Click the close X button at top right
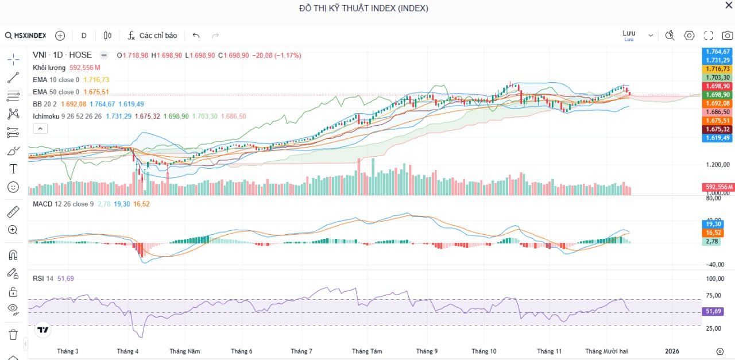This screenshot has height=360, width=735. tap(729, 5)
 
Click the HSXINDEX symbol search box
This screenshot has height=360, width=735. tap(26, 36)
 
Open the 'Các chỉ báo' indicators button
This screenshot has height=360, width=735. tap(152, 36)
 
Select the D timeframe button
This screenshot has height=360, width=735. tap(84, 36)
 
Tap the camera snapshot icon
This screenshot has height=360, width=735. tap(727, 36)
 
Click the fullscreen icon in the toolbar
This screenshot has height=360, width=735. tap(709, 36)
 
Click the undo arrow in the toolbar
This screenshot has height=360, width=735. tap(196, 36)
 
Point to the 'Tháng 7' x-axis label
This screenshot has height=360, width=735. tap(301, 351)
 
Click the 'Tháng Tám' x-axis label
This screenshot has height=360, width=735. tap(367, 351)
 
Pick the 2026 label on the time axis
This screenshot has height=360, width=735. tap(672, 351)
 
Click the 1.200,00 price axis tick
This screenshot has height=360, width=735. tap(718, 165)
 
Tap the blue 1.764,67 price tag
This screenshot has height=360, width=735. tap(718, 52)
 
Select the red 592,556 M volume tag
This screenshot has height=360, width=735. tap(718, 187)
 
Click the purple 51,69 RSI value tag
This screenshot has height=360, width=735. tap(714, 311)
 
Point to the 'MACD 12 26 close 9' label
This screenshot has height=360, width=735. tap(63, 204)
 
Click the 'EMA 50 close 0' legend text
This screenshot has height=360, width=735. tap(56, 92)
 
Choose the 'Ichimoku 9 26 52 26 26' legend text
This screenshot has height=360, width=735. tap(67, 116)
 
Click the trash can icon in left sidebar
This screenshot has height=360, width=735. tap(13, 334)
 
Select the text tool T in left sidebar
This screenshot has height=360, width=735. tap(13, 169)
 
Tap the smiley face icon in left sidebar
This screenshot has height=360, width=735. tap(13, 187)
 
